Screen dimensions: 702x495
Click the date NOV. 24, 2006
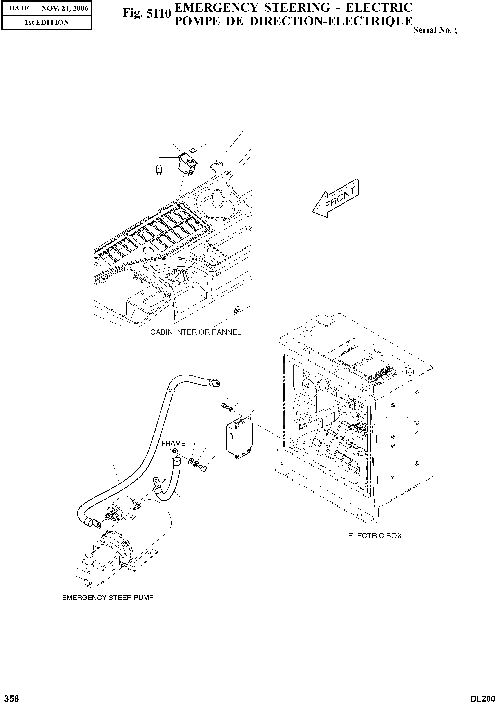tap(65, 9)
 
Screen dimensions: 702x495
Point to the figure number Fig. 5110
tap(146, 13)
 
